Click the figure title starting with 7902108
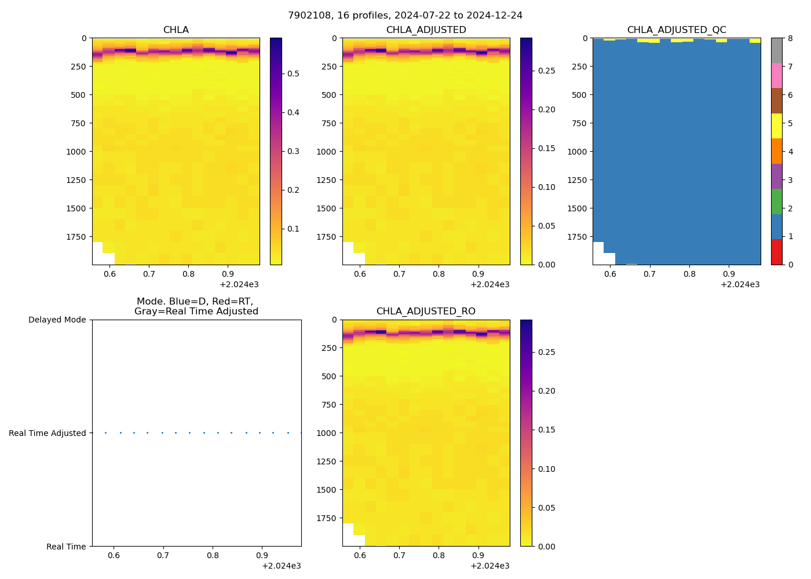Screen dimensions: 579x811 pyautogui.click(x=405, y=16)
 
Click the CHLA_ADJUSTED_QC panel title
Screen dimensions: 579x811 pyautogui.click(x=676, y=30)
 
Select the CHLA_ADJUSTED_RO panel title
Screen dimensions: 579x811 pyautogui.click(x=426, y=312)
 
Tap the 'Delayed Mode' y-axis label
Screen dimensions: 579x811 pyautogui.click(x=57, y=320)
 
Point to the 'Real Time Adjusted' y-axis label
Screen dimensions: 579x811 pyautogui.click(x=47, y=433)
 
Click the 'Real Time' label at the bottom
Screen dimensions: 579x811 pyautogui.click(x=66, y=547)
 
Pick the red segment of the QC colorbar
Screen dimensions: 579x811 pyautogui.click(x=776, y=252)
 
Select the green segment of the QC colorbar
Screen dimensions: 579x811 pyautogui.click(x=776, y=201)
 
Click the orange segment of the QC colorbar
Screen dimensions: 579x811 pyautogui.click(x=776, y=151)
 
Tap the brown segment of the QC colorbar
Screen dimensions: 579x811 pyautogui.click(x=776, y=101)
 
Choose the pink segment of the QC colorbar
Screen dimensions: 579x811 pyautogui.click(x=776, y=75)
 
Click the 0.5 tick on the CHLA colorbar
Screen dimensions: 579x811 pyautogui.click(x=293, y=74)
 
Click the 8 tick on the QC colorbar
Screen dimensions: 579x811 pyautogui.click(x=791, y=38)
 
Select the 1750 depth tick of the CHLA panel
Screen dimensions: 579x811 pyautogui.click(x=76, y=237)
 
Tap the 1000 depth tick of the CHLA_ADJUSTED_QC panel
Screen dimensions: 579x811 pyautogui.click(x=577, y=152)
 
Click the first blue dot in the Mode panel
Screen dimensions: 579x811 pyautogui.click(x=105, y=433)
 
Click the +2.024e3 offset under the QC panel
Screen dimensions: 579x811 pyautogui.click(x=740, y=284)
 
